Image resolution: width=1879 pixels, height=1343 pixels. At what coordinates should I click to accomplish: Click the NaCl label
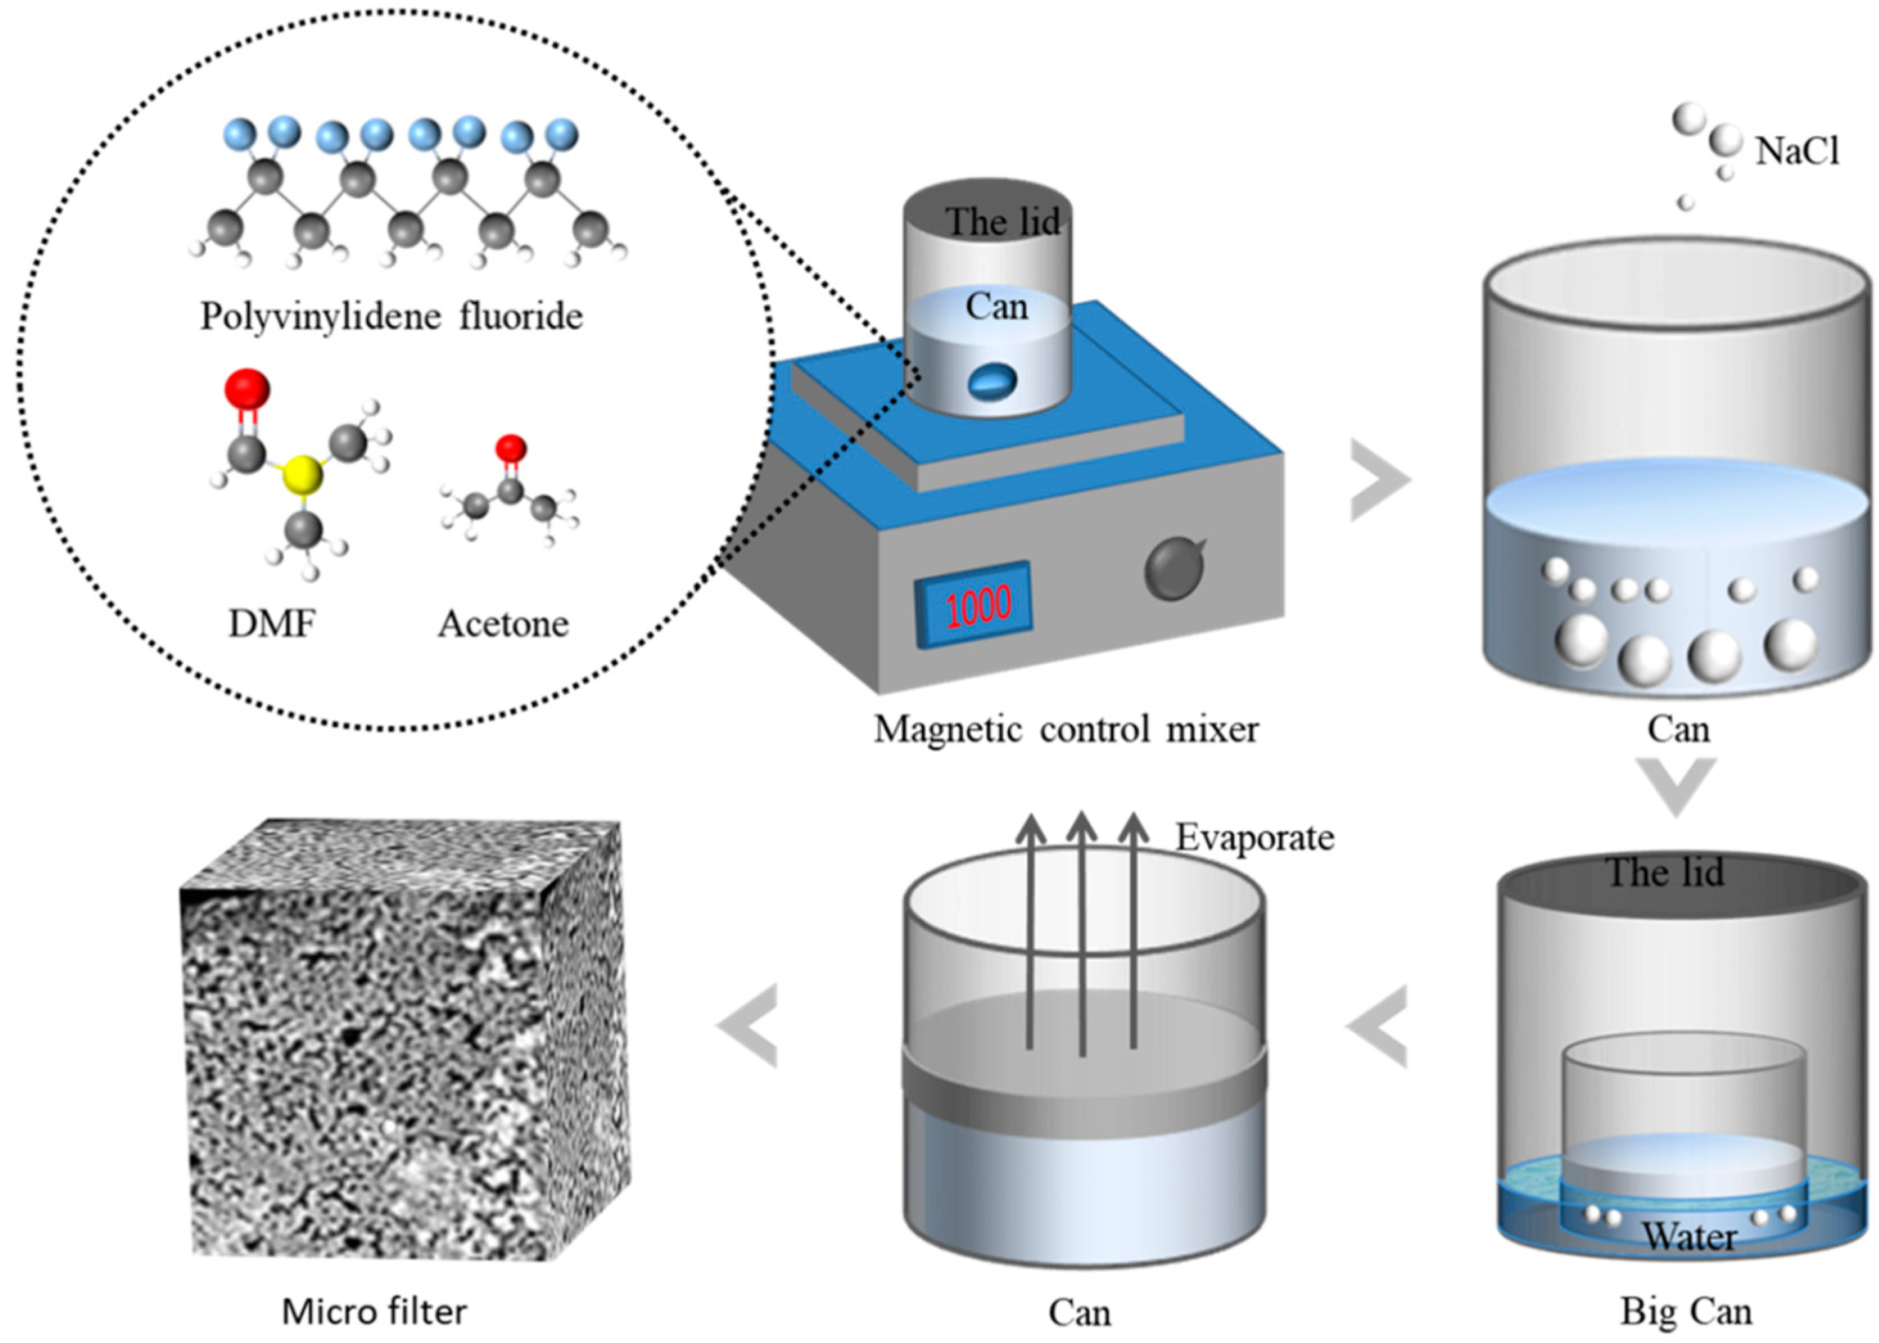coord(1796,152)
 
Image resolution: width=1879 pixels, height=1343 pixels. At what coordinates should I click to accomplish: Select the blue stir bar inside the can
coord(992,381)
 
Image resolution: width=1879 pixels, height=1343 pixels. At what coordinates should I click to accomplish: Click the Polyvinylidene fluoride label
coord(391,316)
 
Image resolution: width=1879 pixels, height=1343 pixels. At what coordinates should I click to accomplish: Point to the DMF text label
coord(272,625)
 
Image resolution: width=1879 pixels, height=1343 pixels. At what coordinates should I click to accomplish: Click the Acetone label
coord(503,625)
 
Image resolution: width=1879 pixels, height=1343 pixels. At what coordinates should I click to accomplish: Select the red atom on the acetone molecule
coord(510,447)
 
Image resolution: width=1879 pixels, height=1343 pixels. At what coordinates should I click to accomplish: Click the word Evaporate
coord(1254,838)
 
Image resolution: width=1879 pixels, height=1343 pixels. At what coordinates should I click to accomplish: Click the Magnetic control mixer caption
coord(1066,729)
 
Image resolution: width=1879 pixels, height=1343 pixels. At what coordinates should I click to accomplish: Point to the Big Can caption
coord(1684,1312)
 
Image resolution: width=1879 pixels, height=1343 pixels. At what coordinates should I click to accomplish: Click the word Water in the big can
coord(1688,1237)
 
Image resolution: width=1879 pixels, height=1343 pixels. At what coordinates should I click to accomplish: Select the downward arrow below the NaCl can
coord(1676,786)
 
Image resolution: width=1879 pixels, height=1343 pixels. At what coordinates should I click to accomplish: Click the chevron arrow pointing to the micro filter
coord(748,1025)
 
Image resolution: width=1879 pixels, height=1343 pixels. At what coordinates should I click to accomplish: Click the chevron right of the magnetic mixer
coord(1379,480)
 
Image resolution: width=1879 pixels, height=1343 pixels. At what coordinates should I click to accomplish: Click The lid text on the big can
coord(1664,873)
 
